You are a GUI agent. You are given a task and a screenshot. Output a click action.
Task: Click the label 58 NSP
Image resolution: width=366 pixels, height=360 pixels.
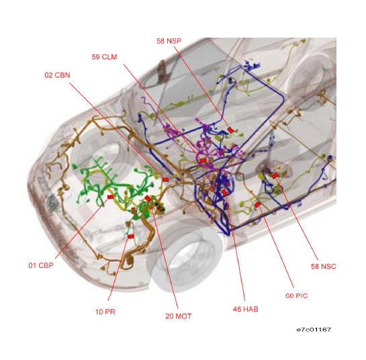pos(169,41)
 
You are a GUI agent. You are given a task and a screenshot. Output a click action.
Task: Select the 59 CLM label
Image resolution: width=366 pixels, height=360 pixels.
pos(104,57)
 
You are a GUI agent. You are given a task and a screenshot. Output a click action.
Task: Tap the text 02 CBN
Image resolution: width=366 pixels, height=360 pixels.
pos(57,75)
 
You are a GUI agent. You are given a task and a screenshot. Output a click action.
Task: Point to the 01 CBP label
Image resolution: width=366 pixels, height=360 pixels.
pos(41,265)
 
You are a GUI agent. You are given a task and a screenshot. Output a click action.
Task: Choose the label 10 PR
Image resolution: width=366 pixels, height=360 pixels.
pos(105,312)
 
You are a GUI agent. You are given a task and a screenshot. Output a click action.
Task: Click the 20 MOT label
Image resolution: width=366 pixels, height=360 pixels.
pos(179,316)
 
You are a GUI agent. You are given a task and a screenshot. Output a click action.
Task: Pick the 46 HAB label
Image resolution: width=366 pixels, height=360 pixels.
pos(246,310)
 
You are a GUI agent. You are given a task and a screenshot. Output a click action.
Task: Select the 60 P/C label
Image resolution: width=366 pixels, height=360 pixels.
pos(297,296)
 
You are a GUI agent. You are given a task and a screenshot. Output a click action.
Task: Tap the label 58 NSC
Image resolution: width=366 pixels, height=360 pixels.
pos(324,267)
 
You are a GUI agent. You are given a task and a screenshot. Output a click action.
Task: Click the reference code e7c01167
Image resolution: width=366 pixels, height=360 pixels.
pos(314,330)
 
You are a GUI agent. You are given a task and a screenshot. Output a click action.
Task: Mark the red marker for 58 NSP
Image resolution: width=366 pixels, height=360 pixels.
pos(230,130)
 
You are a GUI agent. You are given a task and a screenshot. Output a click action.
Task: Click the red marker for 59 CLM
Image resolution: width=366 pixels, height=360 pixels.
pos(203,161)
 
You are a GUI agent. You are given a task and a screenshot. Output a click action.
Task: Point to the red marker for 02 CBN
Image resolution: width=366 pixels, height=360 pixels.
pos(165,179)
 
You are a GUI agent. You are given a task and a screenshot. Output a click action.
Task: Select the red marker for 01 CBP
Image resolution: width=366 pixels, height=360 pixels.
pos(110,197)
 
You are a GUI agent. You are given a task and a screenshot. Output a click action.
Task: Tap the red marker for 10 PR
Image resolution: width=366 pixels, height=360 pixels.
pos(131,236)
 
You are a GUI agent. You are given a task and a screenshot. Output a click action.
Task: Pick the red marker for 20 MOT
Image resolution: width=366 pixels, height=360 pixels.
pos(148,198)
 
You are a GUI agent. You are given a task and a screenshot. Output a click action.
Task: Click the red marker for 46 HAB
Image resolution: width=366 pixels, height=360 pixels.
pos(224,192)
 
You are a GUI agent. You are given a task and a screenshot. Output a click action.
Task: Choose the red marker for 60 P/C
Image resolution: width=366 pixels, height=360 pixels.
pos(257,204)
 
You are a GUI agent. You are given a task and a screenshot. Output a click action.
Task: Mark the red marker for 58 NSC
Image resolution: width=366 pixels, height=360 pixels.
pos(275,176)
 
